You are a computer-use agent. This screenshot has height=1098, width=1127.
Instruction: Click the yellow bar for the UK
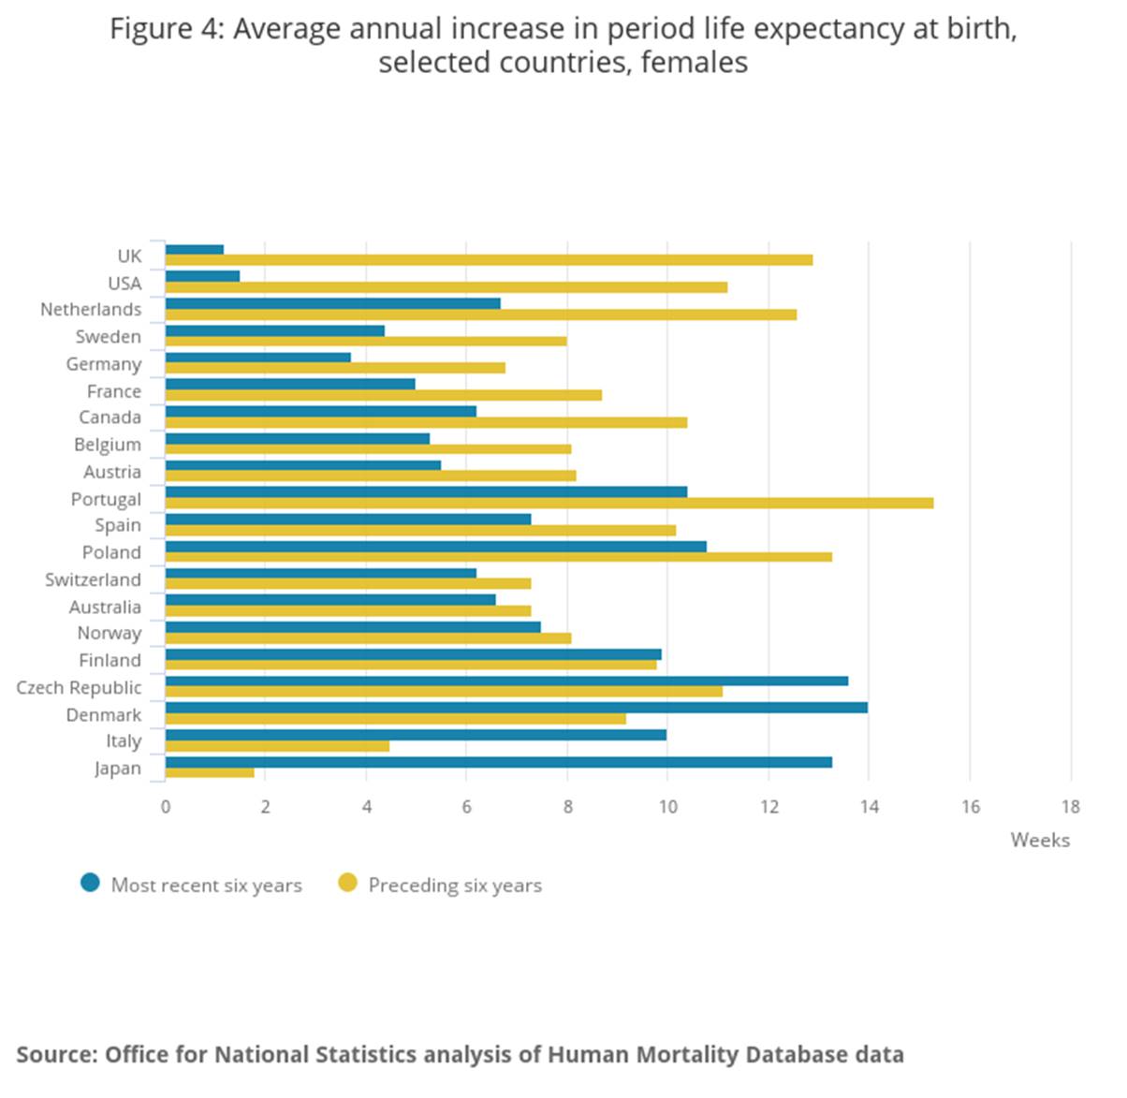[489, 260]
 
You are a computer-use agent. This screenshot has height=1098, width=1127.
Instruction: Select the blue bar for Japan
[498, 762]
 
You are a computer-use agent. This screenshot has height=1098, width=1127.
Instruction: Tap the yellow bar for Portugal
[549, 504]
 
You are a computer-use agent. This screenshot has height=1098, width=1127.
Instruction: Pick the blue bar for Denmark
[516, 708]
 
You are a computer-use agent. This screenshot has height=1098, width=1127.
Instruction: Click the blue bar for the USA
[202, 276]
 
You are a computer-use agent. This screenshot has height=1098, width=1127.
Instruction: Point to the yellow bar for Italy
[277, 746]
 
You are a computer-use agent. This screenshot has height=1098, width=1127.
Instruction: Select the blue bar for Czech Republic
[506, 681]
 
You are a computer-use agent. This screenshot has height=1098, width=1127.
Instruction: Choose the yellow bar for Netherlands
[481, 315]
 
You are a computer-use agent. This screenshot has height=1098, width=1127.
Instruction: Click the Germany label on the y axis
[103, 364]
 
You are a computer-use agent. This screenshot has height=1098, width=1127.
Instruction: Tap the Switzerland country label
[93, 579]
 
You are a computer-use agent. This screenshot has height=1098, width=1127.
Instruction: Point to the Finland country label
[110, 661]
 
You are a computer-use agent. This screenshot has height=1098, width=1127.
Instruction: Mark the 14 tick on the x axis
[869, 807]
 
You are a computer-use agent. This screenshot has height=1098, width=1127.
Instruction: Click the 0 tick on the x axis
[166, 807]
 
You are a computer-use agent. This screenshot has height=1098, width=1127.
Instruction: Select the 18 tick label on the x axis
[1070, 807]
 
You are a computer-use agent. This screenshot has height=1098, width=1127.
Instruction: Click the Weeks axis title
[1039, 840]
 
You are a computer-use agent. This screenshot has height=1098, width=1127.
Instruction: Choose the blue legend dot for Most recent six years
[90, 883]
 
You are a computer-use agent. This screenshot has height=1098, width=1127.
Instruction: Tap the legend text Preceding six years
[455, 886]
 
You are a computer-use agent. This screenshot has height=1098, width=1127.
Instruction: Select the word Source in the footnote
[55, 1055]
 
